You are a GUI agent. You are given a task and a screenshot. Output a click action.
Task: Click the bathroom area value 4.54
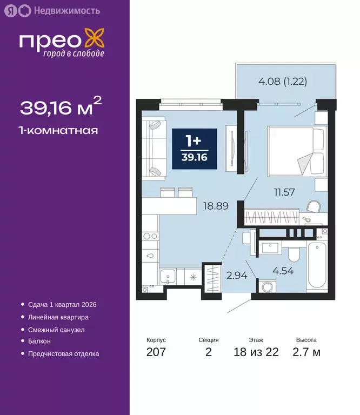[x=283, y=271]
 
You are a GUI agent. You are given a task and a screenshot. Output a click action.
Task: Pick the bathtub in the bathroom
[x=315, y=266]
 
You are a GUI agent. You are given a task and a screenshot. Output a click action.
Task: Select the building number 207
[x=156, y=353]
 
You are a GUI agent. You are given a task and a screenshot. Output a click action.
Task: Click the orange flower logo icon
[x=96, y=39]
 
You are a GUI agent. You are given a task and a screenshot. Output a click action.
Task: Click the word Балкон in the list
[x=39, y=341]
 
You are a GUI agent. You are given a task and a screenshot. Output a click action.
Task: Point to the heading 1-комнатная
[x=59, y=130]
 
